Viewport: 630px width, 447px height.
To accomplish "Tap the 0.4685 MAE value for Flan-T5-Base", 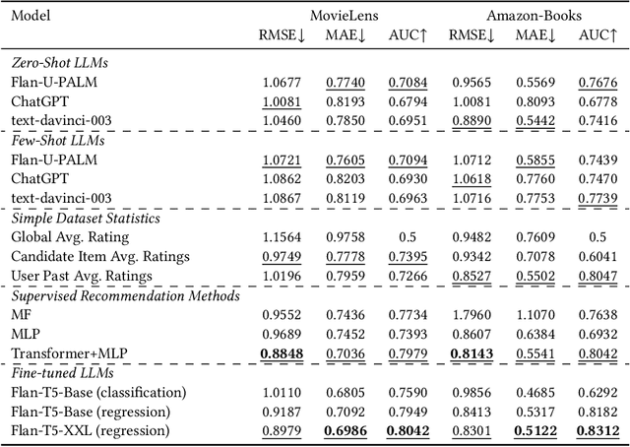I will pos(538,393).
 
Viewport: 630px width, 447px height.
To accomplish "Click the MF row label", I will pos(21,315).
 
